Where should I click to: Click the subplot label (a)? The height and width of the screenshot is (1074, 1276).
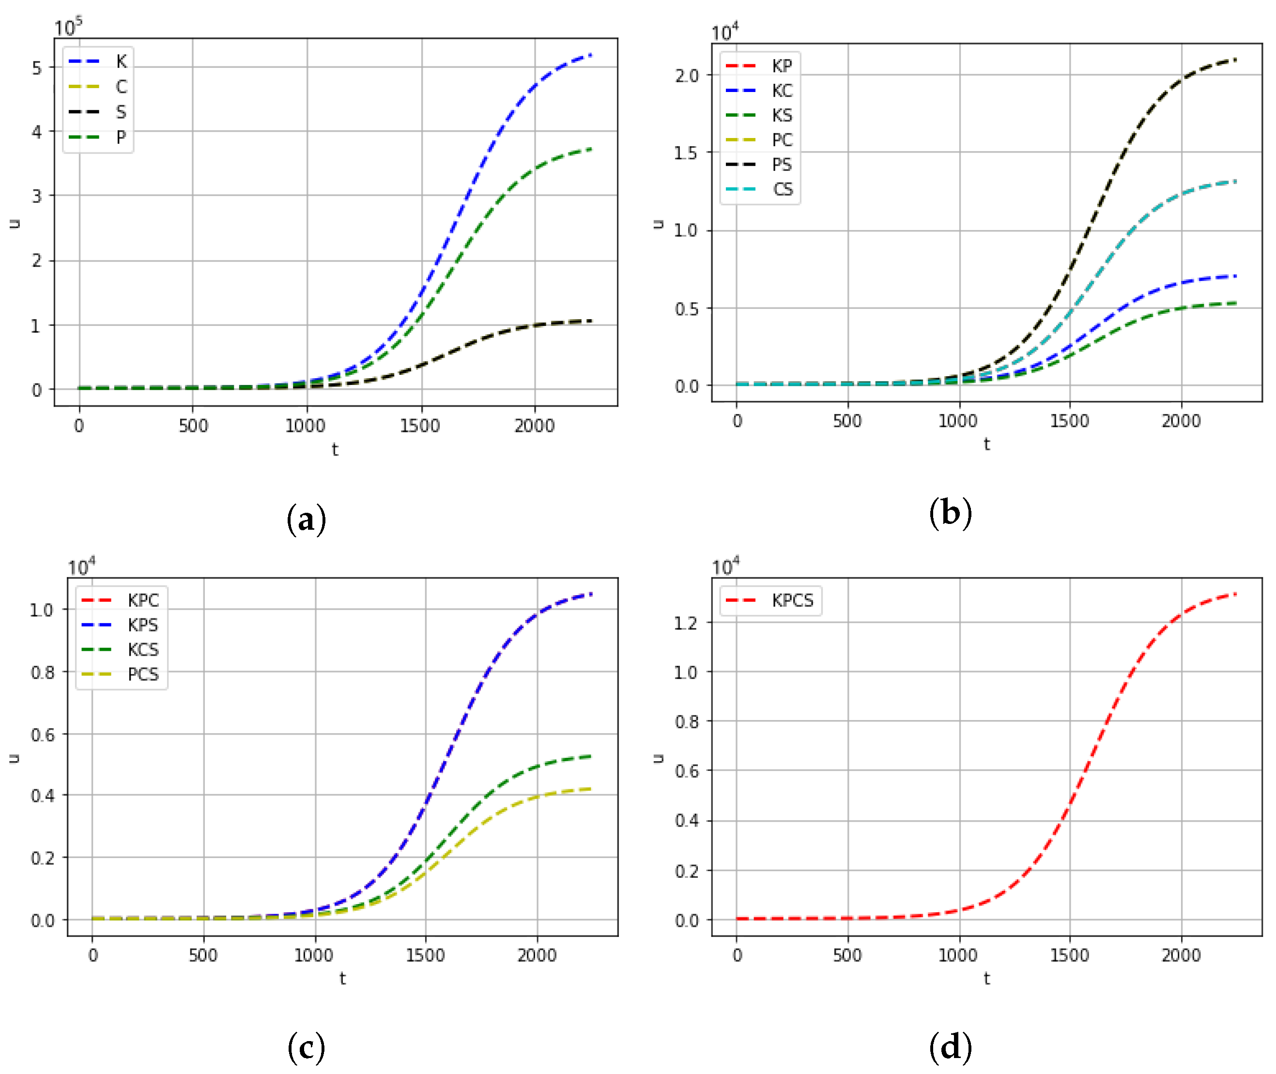click(306, 520)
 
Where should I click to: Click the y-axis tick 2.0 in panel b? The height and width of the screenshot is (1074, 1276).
click(686, 76)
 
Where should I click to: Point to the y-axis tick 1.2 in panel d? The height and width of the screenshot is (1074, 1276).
click(686, 623)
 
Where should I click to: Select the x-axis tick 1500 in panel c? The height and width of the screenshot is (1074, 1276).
click(425, 955)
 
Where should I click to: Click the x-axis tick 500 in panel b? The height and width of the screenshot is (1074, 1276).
click(847, 421)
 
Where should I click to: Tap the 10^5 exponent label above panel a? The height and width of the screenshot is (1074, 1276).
click(68, 27)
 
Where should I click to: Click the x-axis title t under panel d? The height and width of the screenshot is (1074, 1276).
click(986, 979)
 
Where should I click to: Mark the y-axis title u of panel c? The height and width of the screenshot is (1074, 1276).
click(14, 758)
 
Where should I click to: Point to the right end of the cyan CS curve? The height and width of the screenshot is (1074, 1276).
click(1235, 181)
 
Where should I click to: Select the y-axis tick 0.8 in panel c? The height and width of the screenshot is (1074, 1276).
click(42, 672)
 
